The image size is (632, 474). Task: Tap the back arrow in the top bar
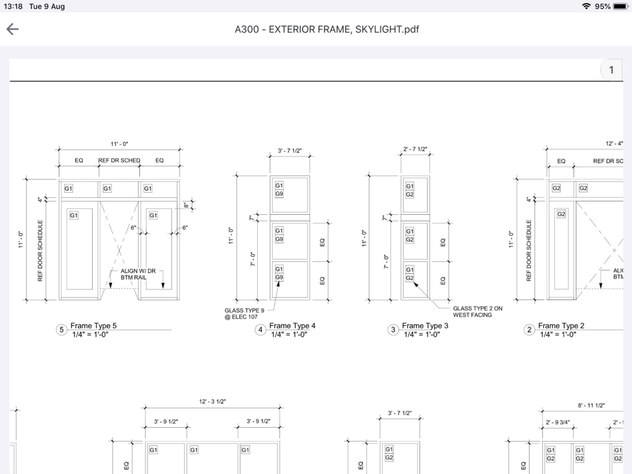click(13, 29)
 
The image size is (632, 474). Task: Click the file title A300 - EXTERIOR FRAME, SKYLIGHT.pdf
click(327, 30)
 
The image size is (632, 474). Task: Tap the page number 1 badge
click(611, 70)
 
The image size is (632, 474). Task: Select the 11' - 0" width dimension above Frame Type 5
click(119, 144)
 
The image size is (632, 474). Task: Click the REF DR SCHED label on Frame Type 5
click(119, 161)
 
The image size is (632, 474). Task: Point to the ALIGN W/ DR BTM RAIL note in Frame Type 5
click(138, 274)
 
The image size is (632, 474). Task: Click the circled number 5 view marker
click(62, 330)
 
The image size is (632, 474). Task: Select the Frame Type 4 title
click(292, 325)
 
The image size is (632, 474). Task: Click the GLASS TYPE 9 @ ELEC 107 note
click(244, 313)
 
